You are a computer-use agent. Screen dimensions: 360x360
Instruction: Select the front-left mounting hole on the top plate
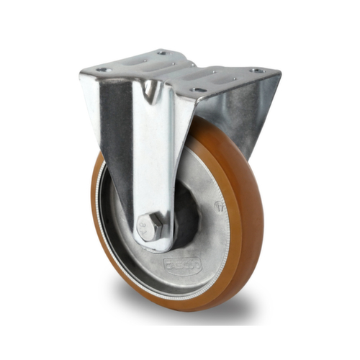tap(104, 70)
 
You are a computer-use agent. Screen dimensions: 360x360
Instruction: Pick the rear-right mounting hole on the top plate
tap(256, 71)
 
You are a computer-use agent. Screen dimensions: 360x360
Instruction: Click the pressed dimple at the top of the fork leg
tap(149, 90)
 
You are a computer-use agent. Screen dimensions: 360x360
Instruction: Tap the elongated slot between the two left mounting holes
tap(134, 62)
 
